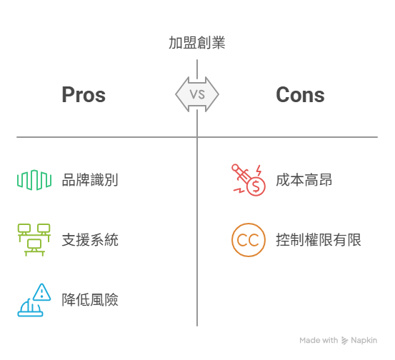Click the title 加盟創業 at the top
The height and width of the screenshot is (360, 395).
[x=196, y=43]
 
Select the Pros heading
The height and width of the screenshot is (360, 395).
[x=84, y=95]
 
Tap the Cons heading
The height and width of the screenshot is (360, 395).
[x=300, y=95]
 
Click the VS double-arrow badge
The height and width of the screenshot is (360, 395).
[x=197, y=94]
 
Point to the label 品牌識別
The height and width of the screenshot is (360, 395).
[x=90, y=180]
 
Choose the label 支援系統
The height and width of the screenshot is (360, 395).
[x=90, y=240]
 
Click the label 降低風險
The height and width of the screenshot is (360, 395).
[x=90, y=300]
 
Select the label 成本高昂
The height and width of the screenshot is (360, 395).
[x=304, y=180]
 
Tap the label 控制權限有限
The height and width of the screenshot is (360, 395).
[x=319, y=240]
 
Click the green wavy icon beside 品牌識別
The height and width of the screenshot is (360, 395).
[x=34, y=180]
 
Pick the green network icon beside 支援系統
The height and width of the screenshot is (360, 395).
[x=34, y=240]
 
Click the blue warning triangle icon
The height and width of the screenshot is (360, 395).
[x=42, y=292]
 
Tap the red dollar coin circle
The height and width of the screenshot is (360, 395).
[x=256, y=186]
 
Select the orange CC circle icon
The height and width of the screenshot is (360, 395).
[x=249, y=240]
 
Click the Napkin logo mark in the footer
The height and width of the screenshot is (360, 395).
[x=344, y=340]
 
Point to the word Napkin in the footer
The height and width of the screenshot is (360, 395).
[x=364, y=340]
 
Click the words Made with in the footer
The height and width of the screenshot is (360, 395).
[x=319, y=340]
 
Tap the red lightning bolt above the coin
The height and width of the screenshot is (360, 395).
[x=259, y=170]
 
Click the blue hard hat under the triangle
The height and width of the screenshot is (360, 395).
[x=30, y=308]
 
